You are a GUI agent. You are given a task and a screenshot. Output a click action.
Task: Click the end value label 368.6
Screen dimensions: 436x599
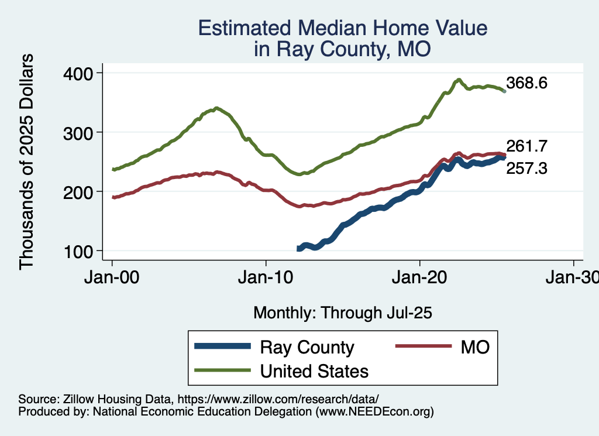(x=526, y=83)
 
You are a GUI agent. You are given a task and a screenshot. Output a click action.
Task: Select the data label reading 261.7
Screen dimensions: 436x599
(x=526, y=146)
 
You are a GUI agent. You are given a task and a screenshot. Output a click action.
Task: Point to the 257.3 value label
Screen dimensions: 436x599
(x=526, y=169)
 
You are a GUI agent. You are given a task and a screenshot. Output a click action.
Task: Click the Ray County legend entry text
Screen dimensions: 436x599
(x=307, y=347)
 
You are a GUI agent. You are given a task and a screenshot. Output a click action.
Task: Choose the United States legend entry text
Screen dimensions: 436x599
(x=314, y=370)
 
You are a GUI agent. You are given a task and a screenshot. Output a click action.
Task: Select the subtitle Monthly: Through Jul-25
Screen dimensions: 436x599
(x=342, y=313)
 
